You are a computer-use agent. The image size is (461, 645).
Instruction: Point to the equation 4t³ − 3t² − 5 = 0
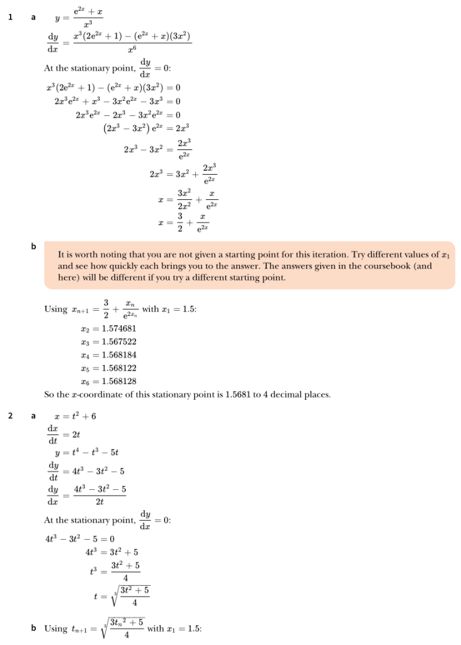click(79, 539)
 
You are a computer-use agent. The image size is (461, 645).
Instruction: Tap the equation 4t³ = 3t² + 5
click(112, 552)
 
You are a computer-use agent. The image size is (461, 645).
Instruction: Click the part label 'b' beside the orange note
click(33, 246)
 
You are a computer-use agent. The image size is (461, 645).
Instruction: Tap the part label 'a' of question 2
click(33, 415)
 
